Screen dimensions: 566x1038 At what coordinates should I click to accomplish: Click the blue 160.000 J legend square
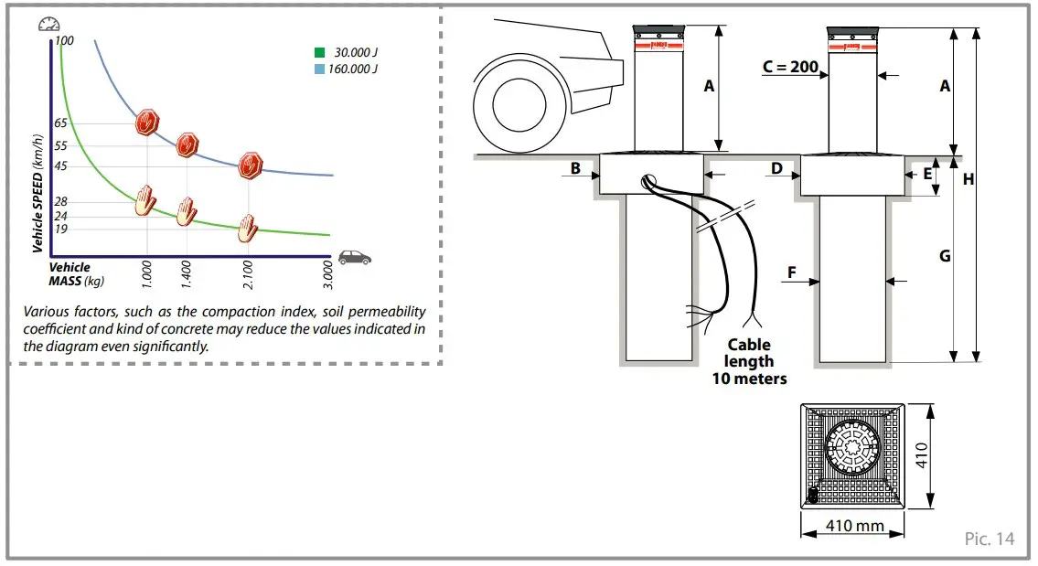(x=317, y=69)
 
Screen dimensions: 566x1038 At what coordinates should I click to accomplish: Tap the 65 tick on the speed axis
(x=60, y=123)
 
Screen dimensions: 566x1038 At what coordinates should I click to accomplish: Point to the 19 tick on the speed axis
(x=60, y=229)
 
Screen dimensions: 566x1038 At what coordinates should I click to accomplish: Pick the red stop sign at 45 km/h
(x=250, y=166)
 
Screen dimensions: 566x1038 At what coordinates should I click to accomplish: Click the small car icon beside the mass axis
(x=355, y=257)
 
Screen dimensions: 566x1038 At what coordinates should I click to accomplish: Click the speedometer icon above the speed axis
(x=48, y=26)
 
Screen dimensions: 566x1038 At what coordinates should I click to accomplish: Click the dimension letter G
(x=945, y=257)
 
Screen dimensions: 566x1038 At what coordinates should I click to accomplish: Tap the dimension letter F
(x=791, y=272)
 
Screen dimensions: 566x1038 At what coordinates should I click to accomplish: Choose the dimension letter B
(x=575, y=168)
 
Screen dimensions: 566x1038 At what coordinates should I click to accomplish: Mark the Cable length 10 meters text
(x=749, y=361)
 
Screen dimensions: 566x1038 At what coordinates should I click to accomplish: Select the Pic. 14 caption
(x=989, y=539)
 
